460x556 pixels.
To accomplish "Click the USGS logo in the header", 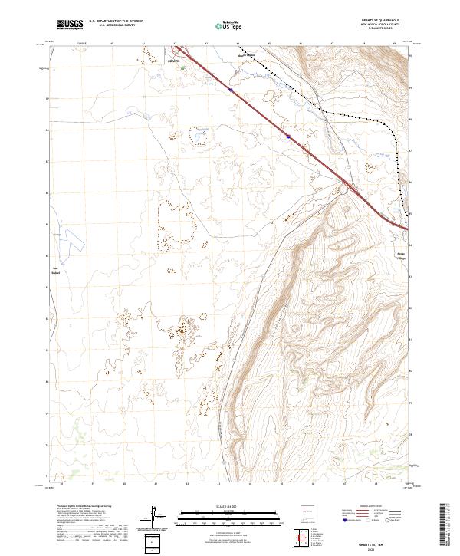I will point(70,25).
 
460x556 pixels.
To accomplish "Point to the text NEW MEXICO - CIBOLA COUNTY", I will point(383,25).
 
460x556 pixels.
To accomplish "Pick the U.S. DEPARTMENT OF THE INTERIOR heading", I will point(116,21).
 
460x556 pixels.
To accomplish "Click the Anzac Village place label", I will point(400,257).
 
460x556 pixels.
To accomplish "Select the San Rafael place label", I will point(55,270).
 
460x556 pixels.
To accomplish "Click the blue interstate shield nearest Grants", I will point(229,90).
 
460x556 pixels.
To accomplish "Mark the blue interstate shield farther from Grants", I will point(288,137).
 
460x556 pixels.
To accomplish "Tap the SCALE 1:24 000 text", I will point(222,506).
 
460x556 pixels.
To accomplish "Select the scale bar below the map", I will point(222,515).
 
